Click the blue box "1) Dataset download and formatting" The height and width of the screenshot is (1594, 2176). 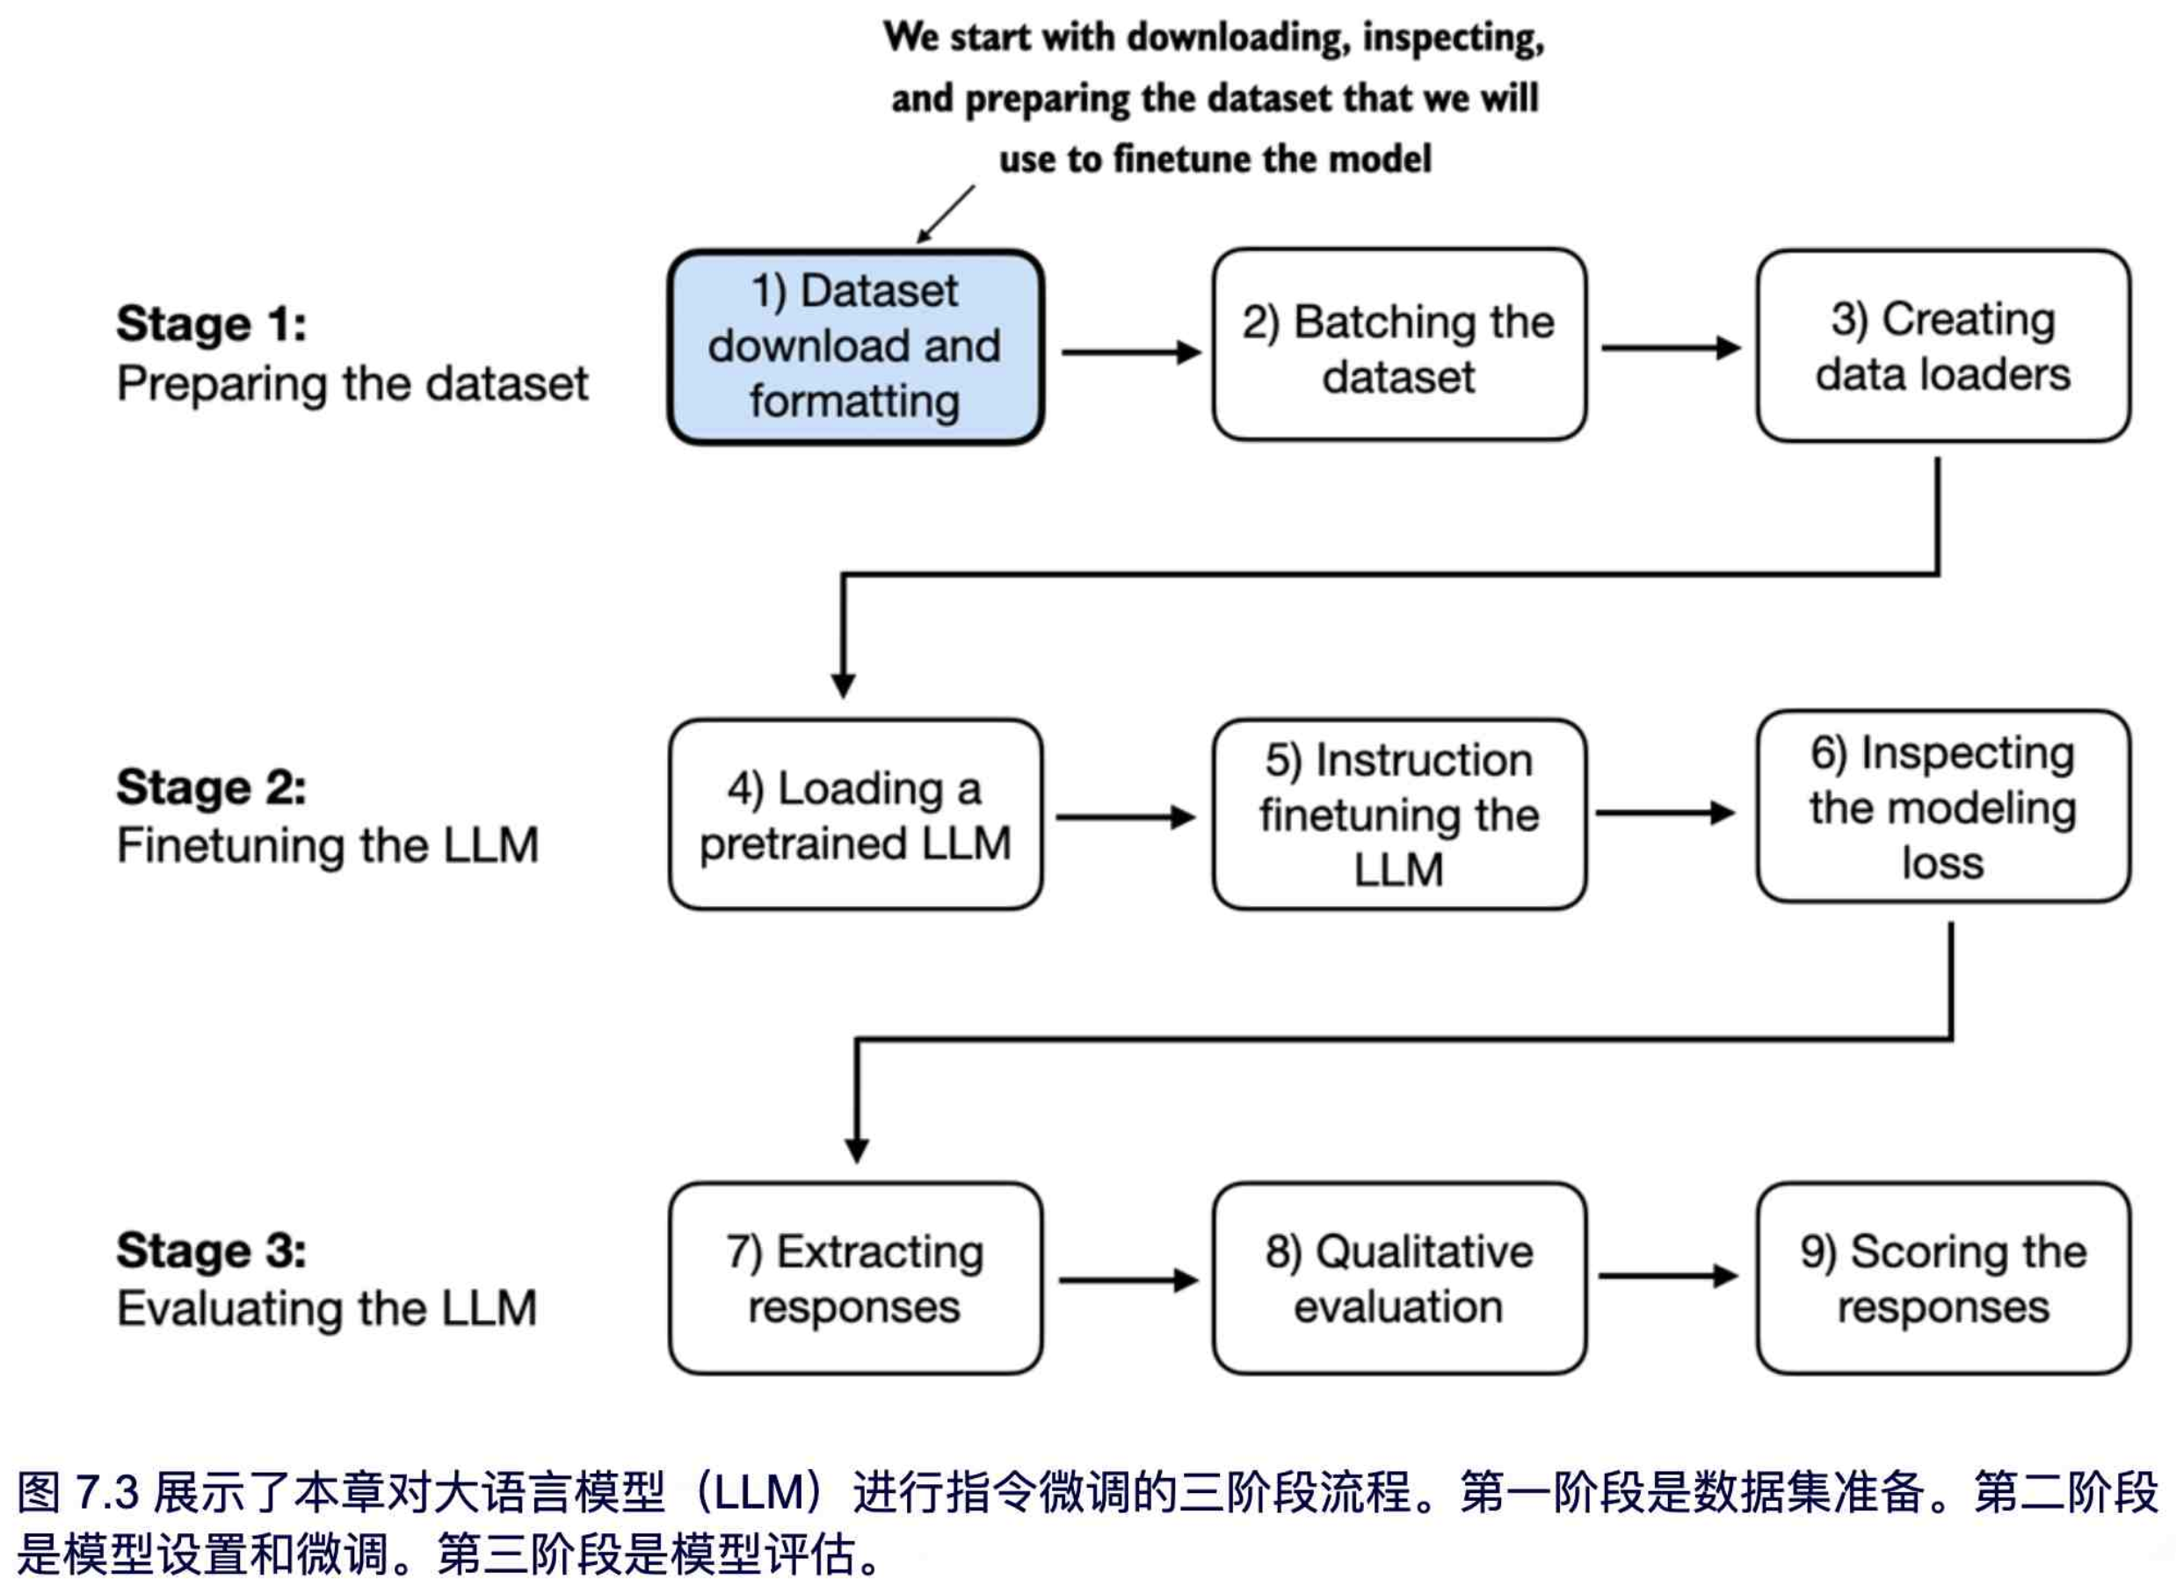855,347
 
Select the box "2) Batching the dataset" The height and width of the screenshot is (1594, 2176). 1398,347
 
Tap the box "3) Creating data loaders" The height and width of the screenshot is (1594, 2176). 1942,347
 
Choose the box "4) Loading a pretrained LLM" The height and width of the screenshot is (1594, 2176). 855,815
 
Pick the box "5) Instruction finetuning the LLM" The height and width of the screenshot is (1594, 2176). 1398,815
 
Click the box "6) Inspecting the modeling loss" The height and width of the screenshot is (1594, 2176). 1942,808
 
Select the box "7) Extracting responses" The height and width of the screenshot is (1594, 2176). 855,1279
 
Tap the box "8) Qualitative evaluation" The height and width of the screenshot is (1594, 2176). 1398,1279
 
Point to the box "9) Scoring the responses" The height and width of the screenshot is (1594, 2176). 1942,1279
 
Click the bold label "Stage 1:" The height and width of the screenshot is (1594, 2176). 211,324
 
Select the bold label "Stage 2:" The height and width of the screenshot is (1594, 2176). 211,787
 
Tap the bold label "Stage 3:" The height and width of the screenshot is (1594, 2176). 211,1251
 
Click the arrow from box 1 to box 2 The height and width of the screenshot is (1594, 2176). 1130,353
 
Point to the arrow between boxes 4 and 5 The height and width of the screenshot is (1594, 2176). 1125,818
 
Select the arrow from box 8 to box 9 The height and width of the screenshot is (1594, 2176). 1667,1277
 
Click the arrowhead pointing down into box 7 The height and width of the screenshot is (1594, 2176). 857,1151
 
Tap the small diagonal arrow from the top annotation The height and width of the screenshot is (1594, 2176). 945,214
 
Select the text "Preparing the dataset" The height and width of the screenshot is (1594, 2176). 352,384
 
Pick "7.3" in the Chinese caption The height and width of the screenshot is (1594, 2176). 108,1493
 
